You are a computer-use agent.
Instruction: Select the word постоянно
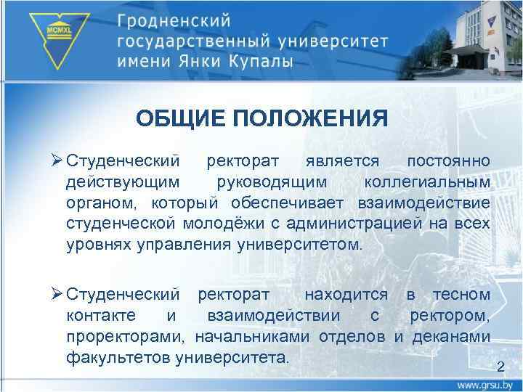(448, 159)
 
